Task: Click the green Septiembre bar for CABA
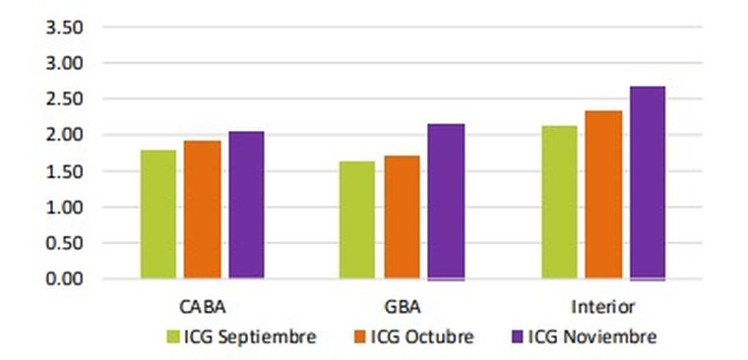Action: point(157,214)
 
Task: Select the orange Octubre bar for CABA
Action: point(203,210)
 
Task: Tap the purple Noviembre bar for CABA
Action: point(247,205)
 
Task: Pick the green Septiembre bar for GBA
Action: point(357,219)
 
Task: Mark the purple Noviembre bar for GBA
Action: point(447,201)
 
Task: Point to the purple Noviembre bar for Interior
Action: point(648,182)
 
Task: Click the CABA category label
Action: point(202,306)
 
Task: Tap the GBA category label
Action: point(403,306)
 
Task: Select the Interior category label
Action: point(602,306)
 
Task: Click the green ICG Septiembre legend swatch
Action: point(174,337)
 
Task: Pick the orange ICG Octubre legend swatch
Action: point(361,337)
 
